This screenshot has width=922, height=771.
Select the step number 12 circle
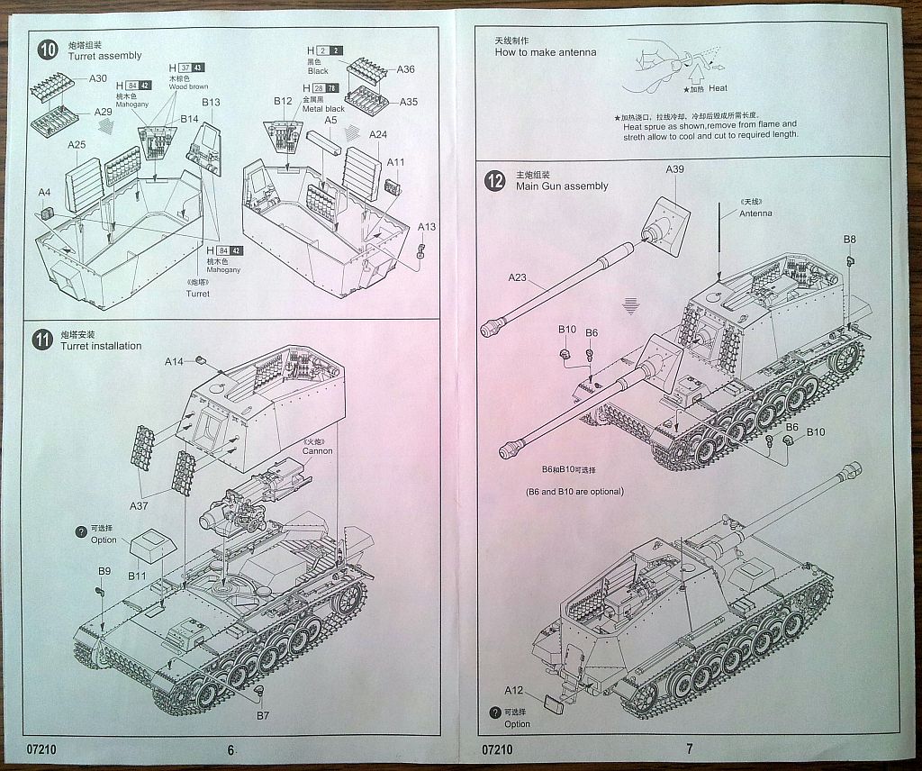coord(495,180)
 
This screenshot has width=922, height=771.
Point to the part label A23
coord(517,277)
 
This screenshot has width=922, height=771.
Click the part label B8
coord(849,239)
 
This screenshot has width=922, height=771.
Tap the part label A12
coord(513,691)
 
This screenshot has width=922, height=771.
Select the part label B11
coord(137,576)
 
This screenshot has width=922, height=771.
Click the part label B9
coord(104,571)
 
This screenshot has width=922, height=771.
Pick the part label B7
coord(263,715)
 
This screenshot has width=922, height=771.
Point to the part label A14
coord(174,361)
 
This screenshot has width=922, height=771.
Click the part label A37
coord(139,505)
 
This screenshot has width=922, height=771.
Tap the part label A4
coord(45,193)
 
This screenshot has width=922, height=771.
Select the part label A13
coord(427,227)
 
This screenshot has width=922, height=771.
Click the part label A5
coord(330,120)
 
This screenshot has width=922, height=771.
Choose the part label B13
coord(211,103)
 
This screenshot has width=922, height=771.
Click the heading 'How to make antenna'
coord(546,52)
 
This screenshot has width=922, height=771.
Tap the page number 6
coord(230,749)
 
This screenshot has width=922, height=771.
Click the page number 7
coord(690,748)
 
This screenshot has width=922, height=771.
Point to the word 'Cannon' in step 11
coord(319,451)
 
